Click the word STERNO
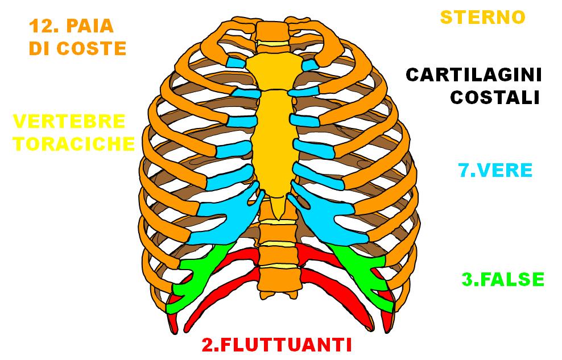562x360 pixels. [482, 16]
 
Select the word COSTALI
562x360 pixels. [494, 97]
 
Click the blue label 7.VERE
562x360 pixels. [495, 170]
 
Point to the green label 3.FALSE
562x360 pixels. [503, 279]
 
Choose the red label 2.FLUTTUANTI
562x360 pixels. [276, 345]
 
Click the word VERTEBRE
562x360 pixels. [69, 121]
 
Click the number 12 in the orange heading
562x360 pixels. [44, 26]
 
